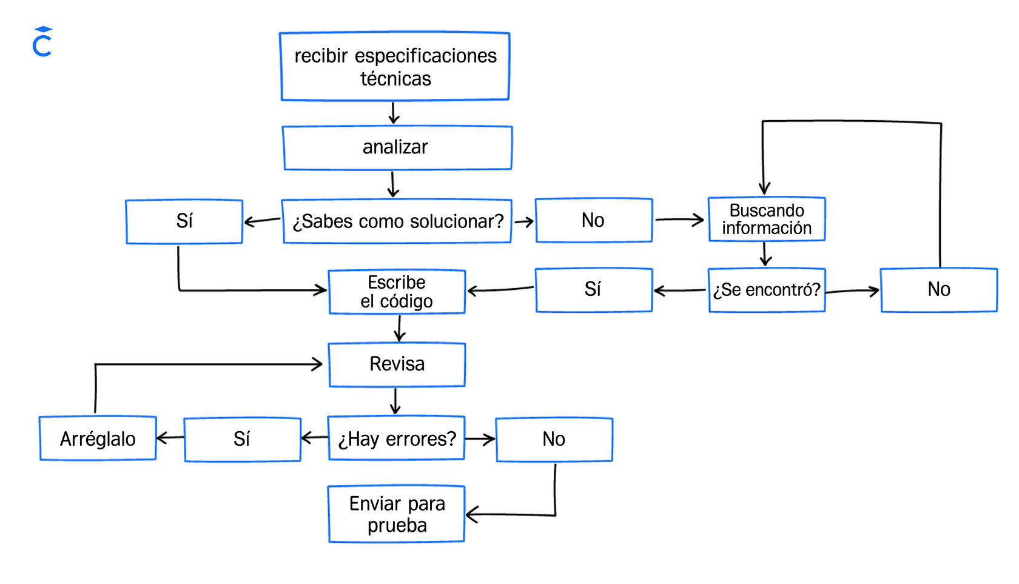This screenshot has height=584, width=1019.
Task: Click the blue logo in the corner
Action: pos(42,42)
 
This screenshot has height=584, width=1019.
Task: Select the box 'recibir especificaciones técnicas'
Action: pos(395,66)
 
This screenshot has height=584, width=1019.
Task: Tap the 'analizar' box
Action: pos(397,147)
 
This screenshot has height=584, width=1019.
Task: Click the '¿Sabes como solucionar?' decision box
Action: pos(397,221)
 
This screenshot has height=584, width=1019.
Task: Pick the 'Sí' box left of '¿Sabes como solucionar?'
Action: pos(184,221)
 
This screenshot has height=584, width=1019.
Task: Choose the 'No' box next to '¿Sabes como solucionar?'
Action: pos(593,220)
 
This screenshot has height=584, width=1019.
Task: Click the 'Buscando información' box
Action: pos(767,219)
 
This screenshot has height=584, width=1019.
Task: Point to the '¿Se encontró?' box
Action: pos(767,290)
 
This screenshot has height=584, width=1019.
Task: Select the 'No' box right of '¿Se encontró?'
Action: pos(938,290)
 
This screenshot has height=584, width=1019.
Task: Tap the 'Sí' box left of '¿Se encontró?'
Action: pos(593,290)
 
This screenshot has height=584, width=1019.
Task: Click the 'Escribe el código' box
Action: pos(397,292)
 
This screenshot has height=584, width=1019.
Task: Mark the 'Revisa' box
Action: pos(397,364)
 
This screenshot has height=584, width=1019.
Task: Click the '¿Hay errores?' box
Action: pos(397,438)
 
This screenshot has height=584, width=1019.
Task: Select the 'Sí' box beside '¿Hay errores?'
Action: pos(242,439)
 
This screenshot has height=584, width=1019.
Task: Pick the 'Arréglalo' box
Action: pos(98,438)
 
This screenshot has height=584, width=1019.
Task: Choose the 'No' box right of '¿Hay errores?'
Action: pos(554,439)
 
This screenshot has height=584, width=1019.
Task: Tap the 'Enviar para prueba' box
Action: pos(397,514)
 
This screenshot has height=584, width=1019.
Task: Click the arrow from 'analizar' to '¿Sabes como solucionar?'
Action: pos(393,184)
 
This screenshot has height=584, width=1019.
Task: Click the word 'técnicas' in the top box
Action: pos(395,79)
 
